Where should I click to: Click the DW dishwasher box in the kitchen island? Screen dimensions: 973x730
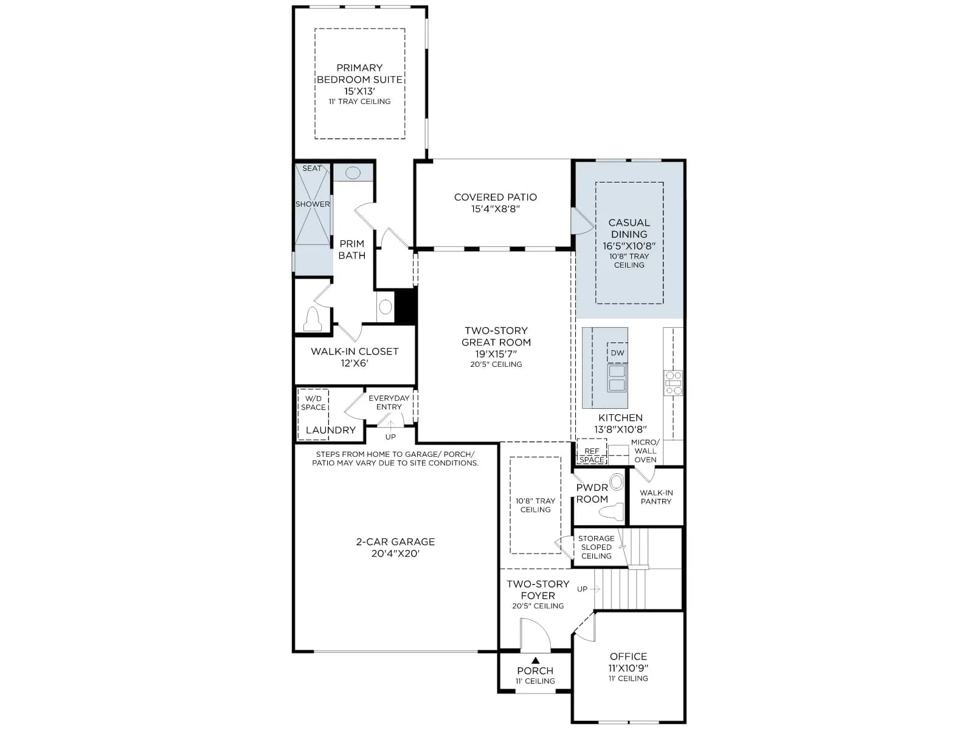click(617, 353)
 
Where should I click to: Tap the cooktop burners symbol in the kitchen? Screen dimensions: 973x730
click(673, 383)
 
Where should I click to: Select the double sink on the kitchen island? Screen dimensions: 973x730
click(617, 378)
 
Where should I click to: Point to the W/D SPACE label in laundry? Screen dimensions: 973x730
click(313, 403)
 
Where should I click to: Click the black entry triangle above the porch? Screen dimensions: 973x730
click(536, 660)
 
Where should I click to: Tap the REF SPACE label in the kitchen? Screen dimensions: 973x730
click(592, 455)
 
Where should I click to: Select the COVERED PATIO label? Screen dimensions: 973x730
click(495, 197)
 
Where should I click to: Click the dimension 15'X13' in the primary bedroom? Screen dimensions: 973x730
click(359, 91)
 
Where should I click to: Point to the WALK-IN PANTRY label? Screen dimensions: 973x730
click(656, 497)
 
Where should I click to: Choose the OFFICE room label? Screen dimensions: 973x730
click(628, 656)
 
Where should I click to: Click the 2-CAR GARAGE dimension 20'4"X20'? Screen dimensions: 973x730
click(395, 554)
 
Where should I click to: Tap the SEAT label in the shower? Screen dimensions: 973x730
click(311, 169)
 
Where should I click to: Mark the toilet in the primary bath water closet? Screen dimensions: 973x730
click(313, 319)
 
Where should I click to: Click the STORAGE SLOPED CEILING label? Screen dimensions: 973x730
click(596, 547)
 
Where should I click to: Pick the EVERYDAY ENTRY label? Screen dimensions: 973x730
click(389, 403)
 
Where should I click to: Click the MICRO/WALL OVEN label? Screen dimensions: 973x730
click(645, 451)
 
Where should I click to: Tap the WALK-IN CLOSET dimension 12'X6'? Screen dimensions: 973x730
click(355, 363)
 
